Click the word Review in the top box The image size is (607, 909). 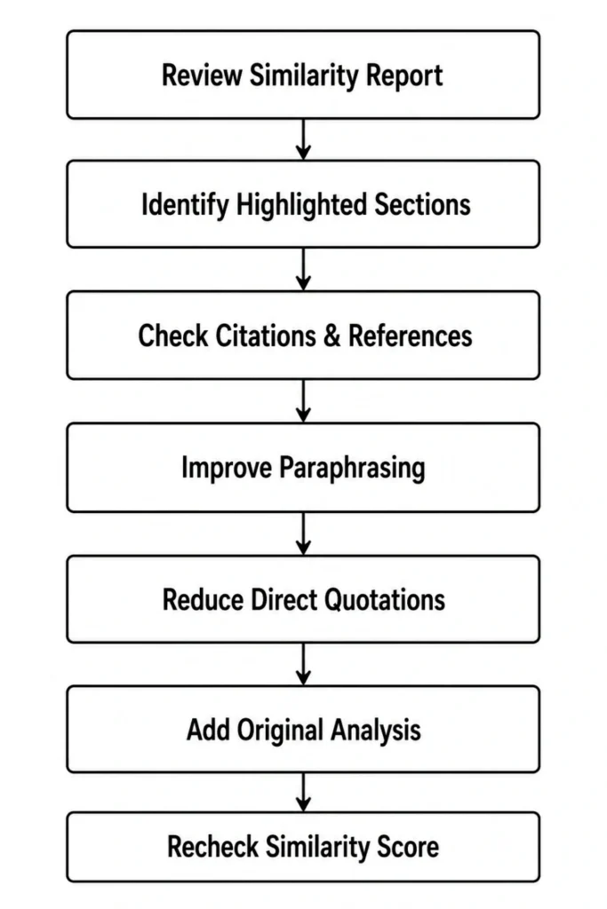(202, 75)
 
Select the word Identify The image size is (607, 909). (185, 206)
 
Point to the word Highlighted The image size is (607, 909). (302, 206)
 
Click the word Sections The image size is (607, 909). (422, 205)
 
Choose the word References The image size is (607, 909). (411, 336)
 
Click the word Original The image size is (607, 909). (280, 731)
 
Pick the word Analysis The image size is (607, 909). (376, 731)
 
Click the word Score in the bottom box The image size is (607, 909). (408, 846)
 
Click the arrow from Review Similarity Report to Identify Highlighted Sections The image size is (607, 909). (304, 139)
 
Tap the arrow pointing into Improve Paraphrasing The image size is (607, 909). (304, 401)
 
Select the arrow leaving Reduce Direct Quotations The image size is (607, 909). (304, 664)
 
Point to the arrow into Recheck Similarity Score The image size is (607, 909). (304, 793)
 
